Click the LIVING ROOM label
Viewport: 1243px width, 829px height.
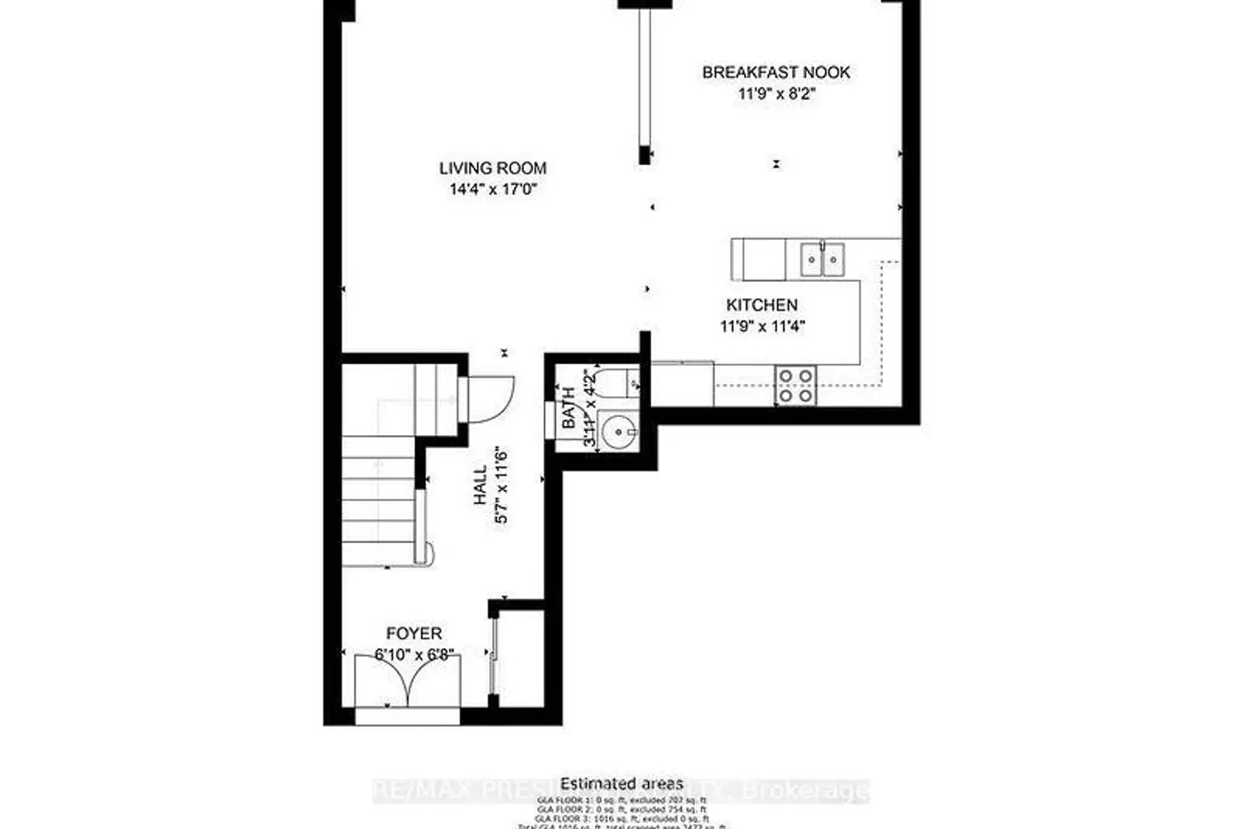pos(492,168)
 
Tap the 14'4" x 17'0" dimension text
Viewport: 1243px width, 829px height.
pos(492,189)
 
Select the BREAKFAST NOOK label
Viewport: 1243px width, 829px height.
pos(776,72)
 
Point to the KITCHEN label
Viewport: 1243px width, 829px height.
pos(762,305)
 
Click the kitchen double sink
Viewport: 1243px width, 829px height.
pos(822,259)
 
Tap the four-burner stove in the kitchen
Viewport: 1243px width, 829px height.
pos(796,385)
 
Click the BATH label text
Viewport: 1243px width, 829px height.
pos(569,408)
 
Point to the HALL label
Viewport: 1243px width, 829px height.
pos(481,485)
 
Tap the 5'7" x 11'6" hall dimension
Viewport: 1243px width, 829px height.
pos(501,485)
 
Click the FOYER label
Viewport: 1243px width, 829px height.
pos(414,634)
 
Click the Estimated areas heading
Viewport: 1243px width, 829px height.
pos(621,783)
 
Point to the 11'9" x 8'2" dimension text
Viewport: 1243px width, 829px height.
pos(777,94)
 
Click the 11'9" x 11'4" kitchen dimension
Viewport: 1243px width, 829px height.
pos(762,326)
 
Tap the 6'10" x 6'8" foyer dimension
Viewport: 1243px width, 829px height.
pos(414,654)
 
